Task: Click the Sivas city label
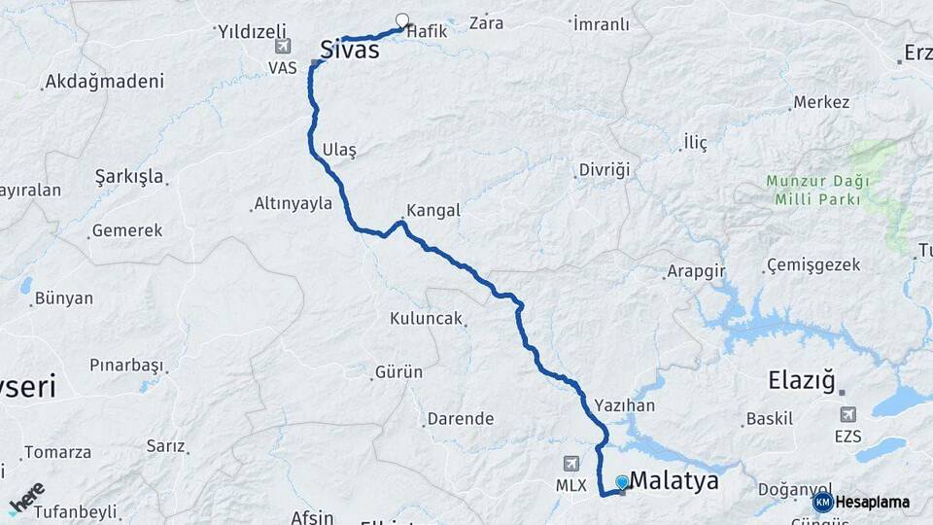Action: pyautogui.click(x=349, y=49)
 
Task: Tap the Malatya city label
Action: pyautogui.click(x=674, y=480)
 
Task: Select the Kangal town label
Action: pyautogui.click(x=432, y=210)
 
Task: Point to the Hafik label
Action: pyautogui.click(x=428, y=31)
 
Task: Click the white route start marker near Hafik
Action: pyautogui.click(x=402, y=19)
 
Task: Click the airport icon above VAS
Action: pyautogui.click(x=282, y=46)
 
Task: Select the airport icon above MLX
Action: pyautogui.click(x=570, y=464)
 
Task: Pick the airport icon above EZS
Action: pyautogui.click(x=847, y=415)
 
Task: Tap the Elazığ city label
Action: pyautogui.click(x=802, y=380)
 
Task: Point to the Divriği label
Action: pyautogui.click(x=605, y=169)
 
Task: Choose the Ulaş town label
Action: pyautogui.click(x=339, y=150)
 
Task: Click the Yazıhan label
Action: pyautogui.click(x=624, y=405)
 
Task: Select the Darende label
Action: pyautogui.click(x=461, y=419)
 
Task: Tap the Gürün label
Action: pyautogui.click(x=399, y=371)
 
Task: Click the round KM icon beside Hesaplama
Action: pyautogui.click(x=823, y=502)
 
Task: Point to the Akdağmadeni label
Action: pyautogui.click(x=104, y=82)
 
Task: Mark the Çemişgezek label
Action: pyautogui.click(x=813, y=264)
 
